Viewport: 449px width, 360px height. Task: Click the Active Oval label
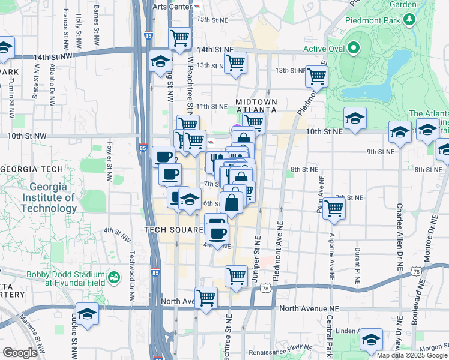coord(322,49)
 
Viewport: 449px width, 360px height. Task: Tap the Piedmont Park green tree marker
coord(410,20)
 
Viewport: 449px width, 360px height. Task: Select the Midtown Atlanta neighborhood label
coord(256,106)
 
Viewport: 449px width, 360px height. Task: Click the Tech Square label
coord(173,230)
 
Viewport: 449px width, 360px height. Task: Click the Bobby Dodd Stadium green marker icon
coord(113,277)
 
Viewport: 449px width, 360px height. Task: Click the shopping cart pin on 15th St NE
coord(180,38)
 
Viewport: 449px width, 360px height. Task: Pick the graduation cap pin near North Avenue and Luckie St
coord(87,314)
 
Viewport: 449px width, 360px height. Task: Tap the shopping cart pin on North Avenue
coord(206,297)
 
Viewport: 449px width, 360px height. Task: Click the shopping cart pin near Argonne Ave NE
coord(334,208)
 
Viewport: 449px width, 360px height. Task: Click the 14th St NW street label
coord(53,56)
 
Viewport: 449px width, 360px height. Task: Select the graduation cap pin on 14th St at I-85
coord(161,62)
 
